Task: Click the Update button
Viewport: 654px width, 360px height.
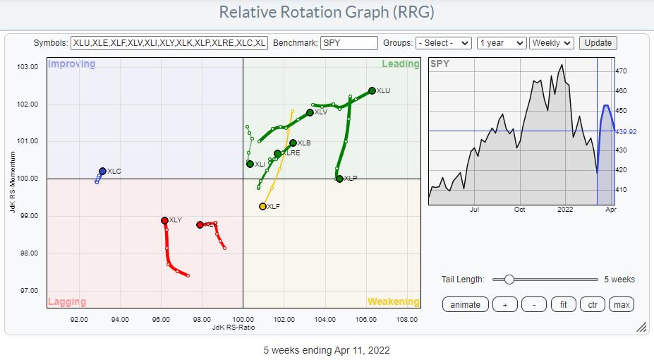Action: point(598,43)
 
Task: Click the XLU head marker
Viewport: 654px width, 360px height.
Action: point(372,90)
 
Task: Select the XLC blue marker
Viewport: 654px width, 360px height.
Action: point(102,171)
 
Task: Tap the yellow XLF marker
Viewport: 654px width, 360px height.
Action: point(262,206)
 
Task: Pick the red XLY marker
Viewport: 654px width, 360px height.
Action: point(164,220)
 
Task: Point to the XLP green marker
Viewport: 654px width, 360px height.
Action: point(339,179)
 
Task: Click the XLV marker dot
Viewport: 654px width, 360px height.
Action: point(310,112)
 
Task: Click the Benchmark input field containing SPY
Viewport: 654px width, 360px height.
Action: point(349,43)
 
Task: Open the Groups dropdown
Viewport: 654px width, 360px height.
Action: point(443,43)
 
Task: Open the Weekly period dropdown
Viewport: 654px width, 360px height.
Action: point(552,43)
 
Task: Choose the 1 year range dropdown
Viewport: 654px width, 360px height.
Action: point(501,43)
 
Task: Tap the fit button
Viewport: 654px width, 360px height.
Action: point(563,305)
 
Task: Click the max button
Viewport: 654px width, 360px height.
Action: point(622,305)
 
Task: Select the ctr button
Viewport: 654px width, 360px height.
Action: point(593,305)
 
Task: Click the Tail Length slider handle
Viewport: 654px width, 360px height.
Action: point(508,280)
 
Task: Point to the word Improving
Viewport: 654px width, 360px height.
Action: point(71,64)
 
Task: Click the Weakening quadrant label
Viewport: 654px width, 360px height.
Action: point(393,302)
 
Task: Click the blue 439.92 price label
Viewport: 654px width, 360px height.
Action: point(625,131)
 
